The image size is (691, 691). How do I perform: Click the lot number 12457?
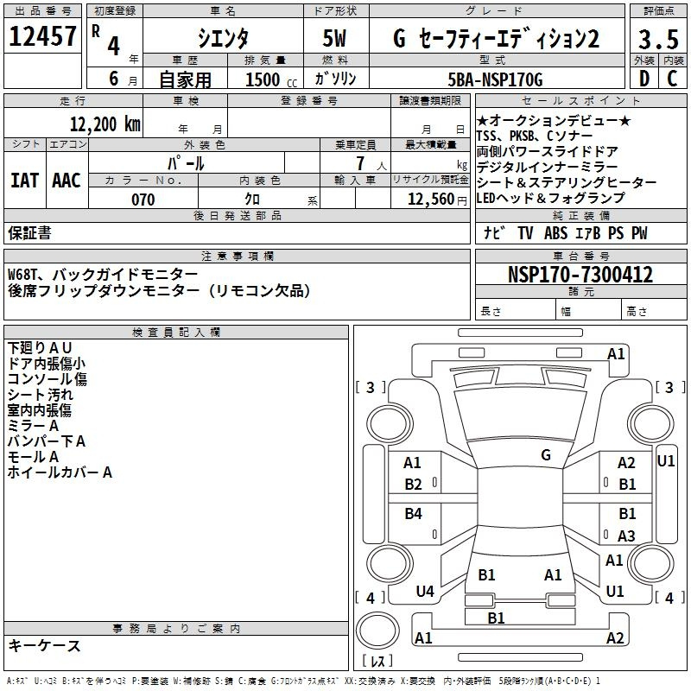click(x=42, y=36)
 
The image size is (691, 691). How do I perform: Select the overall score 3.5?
click(x=658, y=39)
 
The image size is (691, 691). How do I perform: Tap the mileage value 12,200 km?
click(x=105, y=124)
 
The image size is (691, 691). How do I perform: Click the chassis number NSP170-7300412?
click(x=580, y=275)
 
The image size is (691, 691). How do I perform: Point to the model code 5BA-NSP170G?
click(x=495, y=79)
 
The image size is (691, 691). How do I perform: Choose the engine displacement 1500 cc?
click(x=271, y=79)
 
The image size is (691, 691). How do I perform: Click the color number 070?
click(x=143, y=200)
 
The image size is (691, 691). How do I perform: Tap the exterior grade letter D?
click(x=644, y=79)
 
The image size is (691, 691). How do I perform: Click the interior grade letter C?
click(x=672, y=79)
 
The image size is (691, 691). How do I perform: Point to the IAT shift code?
click(x=24, y=181)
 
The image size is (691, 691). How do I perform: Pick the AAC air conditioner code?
click(x=67, y=181)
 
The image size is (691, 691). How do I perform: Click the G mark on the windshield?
click(x=546, y=455)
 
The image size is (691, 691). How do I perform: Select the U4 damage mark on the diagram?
click(x=425, y=592)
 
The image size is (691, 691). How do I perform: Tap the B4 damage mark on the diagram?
click(x=413, y=513)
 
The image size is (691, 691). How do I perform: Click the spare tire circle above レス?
click(x=377, y=631)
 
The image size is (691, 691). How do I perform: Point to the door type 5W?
click(x=334, y=38)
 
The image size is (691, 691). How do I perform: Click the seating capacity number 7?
click(x=360, y=163)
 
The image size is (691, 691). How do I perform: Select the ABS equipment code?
click(x=555, y=232)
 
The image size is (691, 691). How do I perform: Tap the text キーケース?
click(x=44, y=646)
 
